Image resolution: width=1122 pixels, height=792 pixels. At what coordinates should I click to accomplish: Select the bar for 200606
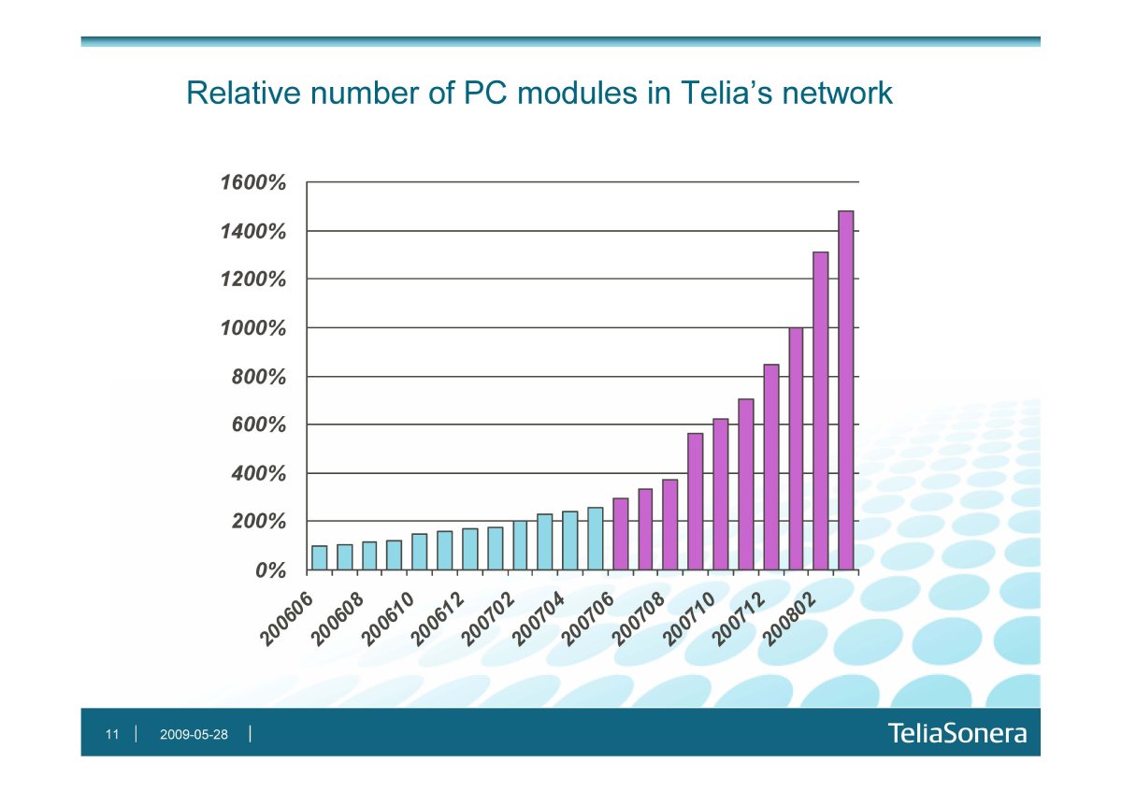coord(319,557)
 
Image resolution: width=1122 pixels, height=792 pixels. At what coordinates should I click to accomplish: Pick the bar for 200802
coord(821,410)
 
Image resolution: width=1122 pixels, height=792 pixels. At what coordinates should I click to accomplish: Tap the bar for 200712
coord(770,467)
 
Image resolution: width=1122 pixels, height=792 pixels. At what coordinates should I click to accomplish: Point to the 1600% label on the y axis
coord(252,182)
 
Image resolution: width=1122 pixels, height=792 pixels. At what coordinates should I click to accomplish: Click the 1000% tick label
coord(252,328)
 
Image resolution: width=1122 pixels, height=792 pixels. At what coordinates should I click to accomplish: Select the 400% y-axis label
coord(256,473)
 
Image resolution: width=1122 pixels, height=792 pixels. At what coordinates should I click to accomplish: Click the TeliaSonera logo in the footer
coord(957,734)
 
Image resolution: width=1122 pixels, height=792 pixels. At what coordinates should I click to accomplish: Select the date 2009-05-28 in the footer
coord(194,735)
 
